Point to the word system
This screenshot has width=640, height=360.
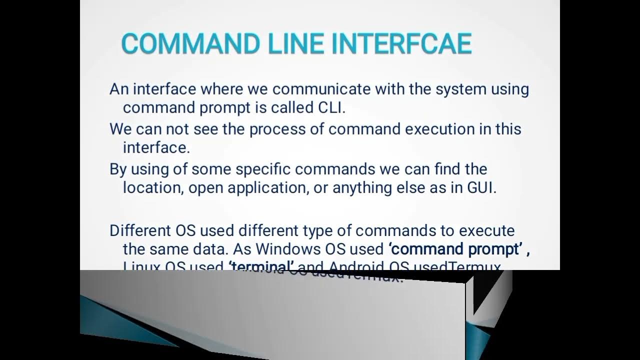[x=460, y=89]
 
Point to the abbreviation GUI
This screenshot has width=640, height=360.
[x=481, y=188]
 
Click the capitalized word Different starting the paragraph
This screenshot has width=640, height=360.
[x=140, y=231]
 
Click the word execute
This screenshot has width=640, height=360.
[x=487, y=231]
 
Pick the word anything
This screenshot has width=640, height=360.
[x=363, y=188]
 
